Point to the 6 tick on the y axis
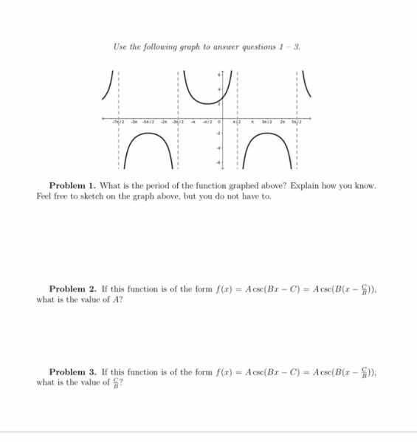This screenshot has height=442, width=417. [218, 76]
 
